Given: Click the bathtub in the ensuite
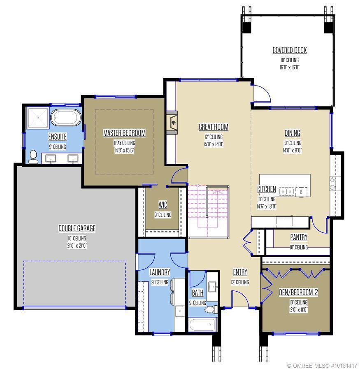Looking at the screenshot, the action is click(x=66, y=118).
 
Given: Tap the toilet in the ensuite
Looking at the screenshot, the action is click(x=33, y=157).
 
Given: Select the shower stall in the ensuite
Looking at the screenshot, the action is click(x=38, y=118).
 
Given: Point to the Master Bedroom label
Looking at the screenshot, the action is click(x=124, y=133).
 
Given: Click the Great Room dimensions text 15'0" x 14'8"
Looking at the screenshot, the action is click(x=213, y=144).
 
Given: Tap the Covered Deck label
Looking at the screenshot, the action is click(x=290, y=50).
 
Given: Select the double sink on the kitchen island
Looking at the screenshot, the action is click(x=287, y=192).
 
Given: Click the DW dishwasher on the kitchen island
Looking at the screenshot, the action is click(x=302, y=192).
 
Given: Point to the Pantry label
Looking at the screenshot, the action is click(x=299, y=237).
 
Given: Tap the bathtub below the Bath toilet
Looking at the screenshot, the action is click(x=202, y=325).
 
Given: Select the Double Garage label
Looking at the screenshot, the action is click(x=77, y=228).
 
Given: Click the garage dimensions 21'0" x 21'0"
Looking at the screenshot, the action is click(x=77, y=246).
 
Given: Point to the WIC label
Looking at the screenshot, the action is click(x=163, y=204).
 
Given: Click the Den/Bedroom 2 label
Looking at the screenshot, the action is click(x=298, y=292).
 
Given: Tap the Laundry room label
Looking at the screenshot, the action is click(x=160, y=272).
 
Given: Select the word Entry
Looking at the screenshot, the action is click(x=240, y=272).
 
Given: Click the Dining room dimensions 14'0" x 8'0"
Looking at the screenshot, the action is click(x=292, y=151).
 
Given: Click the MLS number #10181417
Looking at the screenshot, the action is click(x=344, y=365).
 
